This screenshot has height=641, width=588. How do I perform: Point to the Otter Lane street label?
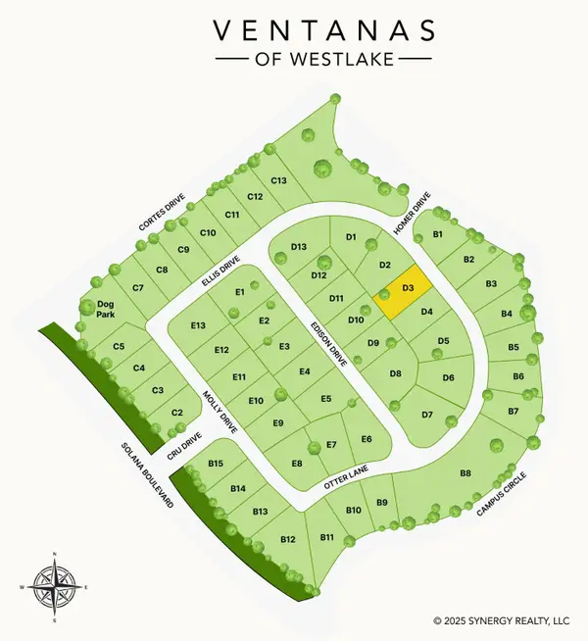(x=345, y=479)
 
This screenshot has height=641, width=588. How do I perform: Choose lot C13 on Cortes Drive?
(x=277, y=180)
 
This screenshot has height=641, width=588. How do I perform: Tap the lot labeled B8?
(x=466, y=473)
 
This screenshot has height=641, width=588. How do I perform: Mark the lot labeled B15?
(x=217, y=463)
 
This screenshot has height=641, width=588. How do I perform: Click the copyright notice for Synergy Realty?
(x=500, y=620)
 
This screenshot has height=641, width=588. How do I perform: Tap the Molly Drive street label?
(x=220, y=412)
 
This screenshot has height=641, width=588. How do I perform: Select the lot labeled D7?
(x=427, y=415)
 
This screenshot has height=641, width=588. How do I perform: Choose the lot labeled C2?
(x=177, y=413)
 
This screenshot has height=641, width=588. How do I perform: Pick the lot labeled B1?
(x=438, y=235)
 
